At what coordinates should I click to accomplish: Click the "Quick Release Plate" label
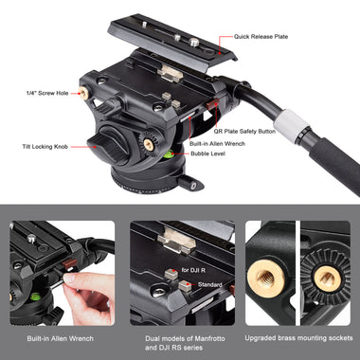pos(261,37)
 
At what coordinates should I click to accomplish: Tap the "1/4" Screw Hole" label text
pos(47,93)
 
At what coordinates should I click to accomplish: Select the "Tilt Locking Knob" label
pos(45,147)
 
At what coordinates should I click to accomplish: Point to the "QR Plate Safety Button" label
pos(244,132)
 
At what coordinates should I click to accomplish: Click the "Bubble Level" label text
pos(207,153)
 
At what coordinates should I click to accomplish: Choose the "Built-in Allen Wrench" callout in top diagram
pos(217,144)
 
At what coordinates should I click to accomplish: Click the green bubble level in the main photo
pos(169,153)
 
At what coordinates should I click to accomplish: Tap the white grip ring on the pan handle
pos(291,124)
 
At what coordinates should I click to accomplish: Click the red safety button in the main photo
pos(212,104)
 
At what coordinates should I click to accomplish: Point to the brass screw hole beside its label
pos(83,93)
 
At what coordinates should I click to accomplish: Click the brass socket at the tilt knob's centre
pos(149,144)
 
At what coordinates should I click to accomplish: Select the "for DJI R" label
pos(193,270)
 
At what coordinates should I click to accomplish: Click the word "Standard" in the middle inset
pos(210,285)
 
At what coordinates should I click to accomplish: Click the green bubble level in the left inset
pos(35,297)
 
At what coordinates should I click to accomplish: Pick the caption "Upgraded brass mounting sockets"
pos(298,338)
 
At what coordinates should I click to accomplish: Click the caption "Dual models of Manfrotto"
pos(185,338)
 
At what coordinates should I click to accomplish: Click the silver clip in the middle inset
pos(177,241)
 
